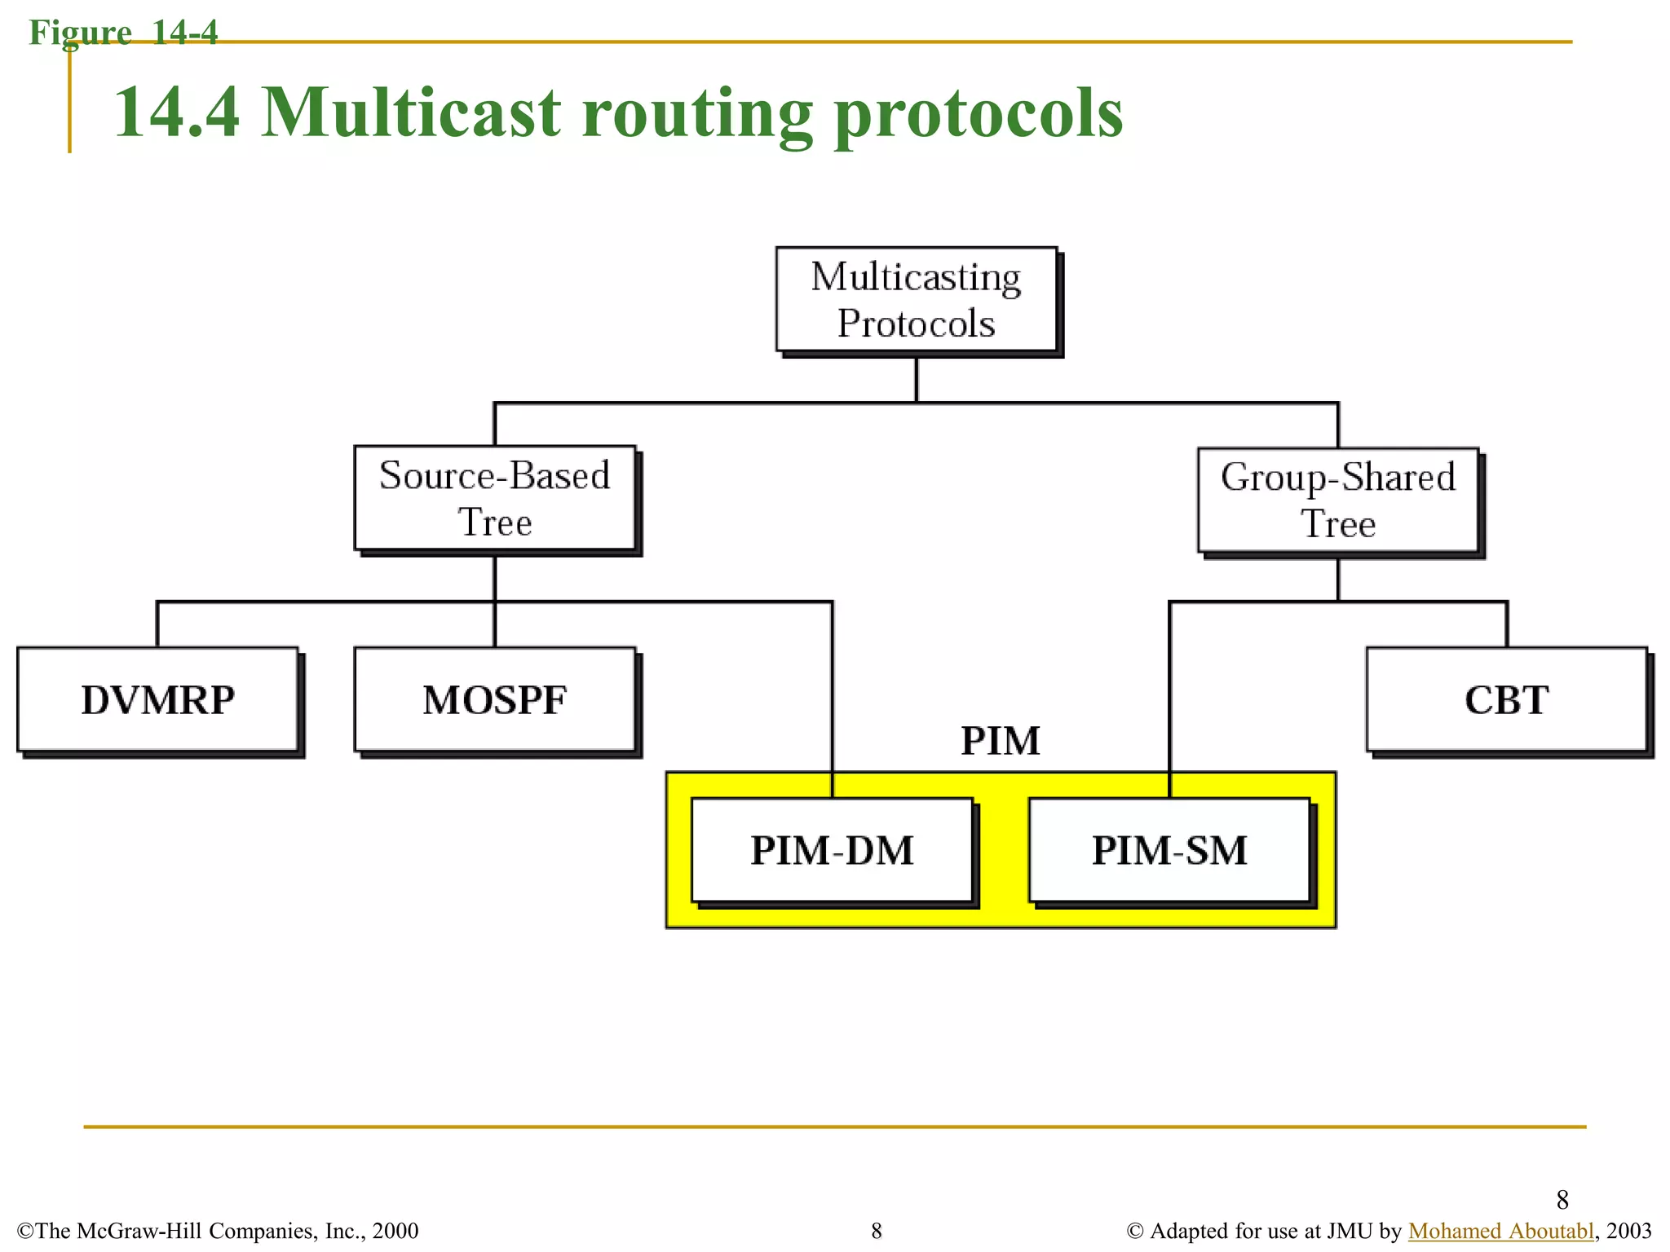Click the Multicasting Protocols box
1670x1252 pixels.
click(916, 300)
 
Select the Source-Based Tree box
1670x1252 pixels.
click(494, 498)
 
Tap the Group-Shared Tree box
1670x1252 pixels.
click(1337, 500)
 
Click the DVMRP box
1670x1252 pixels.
click(157, 699)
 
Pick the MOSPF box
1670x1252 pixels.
click(494, 699)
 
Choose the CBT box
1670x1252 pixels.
click(1506, 699)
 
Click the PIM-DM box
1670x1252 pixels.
click(832, 850)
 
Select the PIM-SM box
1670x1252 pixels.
click(1169, 850)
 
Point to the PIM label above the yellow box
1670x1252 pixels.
click(1001, 741)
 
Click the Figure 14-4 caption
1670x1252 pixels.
click(123, 33)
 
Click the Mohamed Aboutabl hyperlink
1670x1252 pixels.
click(1500, 1231)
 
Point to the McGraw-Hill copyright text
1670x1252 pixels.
click(218, 1231)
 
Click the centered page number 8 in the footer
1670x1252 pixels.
click(877, 1231)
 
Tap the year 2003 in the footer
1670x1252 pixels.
click(1628, 1231)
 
